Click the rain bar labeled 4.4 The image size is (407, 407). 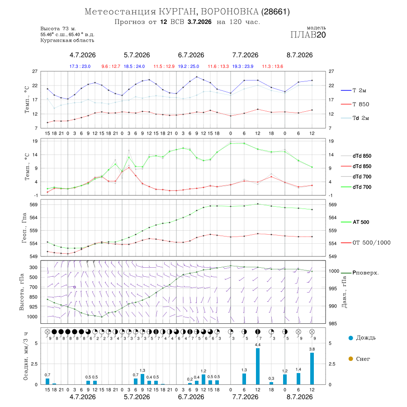click(258, 366)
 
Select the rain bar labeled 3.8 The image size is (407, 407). click(312, 369)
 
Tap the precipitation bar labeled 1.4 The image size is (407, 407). click(298, 379)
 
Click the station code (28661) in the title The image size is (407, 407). click(276, 12)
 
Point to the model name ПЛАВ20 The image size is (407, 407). click(308, 35)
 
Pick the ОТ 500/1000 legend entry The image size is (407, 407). click(366, 243)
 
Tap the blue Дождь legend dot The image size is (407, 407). click(351, 338)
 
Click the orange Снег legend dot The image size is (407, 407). click(351, 359)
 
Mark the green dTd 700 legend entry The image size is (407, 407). click(356, 187)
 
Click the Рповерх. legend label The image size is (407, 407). click(365, 273)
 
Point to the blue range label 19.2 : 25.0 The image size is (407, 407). click(189, 66)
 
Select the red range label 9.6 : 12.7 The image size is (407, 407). click(111, 66)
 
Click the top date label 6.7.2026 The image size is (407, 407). click(191, 55)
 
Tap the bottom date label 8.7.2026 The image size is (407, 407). click(299, 397)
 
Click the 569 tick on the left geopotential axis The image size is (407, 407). click(34, 205)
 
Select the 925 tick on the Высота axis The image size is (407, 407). click(33, 307)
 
